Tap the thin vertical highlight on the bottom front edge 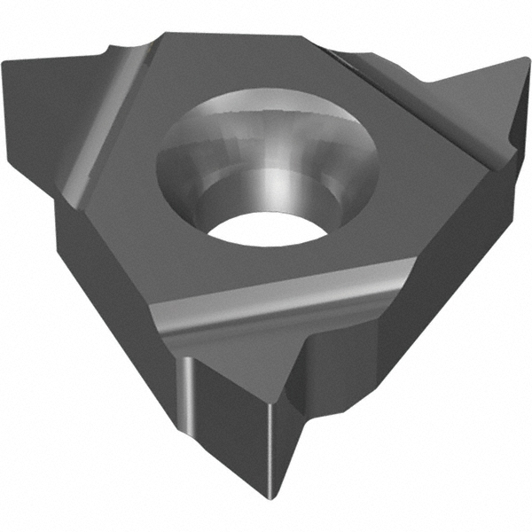tap(190, 390)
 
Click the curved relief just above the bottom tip tap(310, 355)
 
